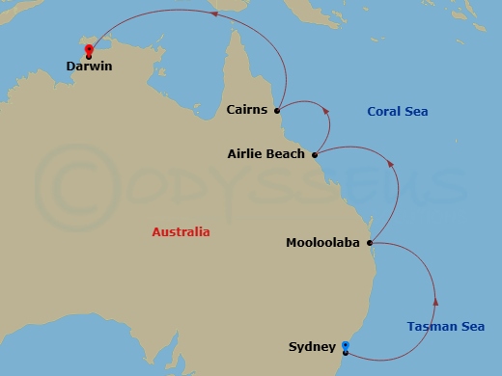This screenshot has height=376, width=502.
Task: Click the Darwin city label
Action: click(x=89, y=67)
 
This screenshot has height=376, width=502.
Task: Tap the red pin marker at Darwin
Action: click(x=89, y=50)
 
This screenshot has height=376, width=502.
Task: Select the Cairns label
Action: click(x=248, y=110)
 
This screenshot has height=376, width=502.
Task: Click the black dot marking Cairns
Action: click(x=277, y=110)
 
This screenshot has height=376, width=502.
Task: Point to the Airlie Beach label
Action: click(x=265, y=153)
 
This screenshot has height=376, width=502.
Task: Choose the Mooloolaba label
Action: click(x=322, y=243)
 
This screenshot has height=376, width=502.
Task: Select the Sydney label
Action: click(x=312, y=346)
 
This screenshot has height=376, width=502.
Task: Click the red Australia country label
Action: click(x=181, y=232)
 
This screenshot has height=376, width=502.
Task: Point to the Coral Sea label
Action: click(x=397, y=112)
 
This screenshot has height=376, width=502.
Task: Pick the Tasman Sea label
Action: click(x=445, y=327)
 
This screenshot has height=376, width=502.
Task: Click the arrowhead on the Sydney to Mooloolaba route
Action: click(x=436, y=301)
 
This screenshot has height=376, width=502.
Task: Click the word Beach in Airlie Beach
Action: click(x=285, y=153)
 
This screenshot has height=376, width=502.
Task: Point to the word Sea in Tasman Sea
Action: click(x=471, y=327)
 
